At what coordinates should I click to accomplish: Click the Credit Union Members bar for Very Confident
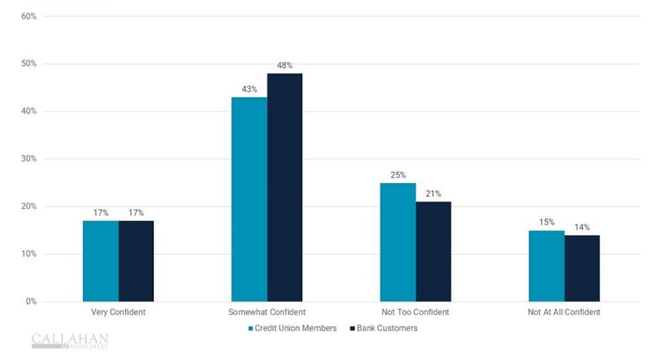pyautogui.click(x=100, y=261)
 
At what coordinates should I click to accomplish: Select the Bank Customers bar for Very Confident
pyautogui.click(x=136, y=261)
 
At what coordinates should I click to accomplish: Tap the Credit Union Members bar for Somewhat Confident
pyautogui.click(x=249, y=199)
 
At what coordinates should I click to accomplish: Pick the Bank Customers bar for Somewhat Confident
pyautogui.click(x=285, y=187)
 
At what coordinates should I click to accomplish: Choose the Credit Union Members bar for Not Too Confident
pyautogui.click(x=397, y=242)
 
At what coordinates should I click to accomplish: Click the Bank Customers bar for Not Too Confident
pyautogui.click(x=433, y=251)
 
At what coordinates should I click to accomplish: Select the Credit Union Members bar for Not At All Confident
pyautogui.click(x=546, y=266)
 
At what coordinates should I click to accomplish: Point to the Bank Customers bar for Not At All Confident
pyautogui.click(x=582, y=268)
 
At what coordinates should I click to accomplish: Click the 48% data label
pyautogui.click(x=285, y=66)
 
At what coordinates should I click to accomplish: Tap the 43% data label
pyautogui.click(x=249, y=89)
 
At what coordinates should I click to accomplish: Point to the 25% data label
pyautogui.click(x=397, y=175)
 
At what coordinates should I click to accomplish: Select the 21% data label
pyautogui.click(x=433, y=193)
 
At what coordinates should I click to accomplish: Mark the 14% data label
pyautogui.click(x=582, y=227)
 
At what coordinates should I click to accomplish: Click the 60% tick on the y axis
pyautogui.click(x=28, y=16)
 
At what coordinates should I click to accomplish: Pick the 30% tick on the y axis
pyautogui.click(x=28, y=159)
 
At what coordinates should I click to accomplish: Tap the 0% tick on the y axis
pyautogui.click(x=30, y=301)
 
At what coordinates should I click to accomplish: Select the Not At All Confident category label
pyautogui.click(x=564, y=313)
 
